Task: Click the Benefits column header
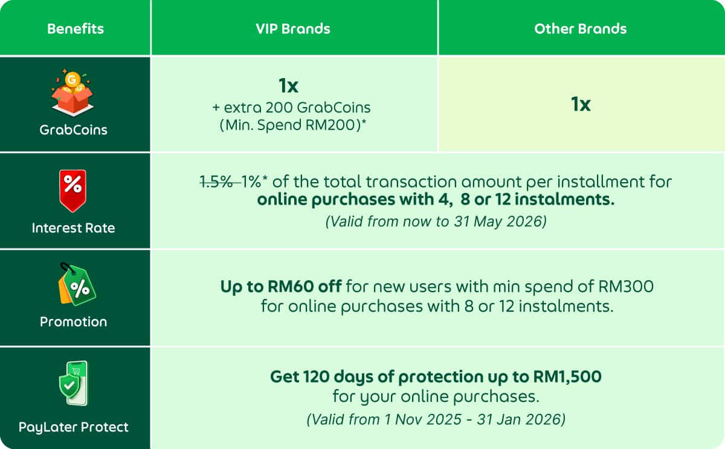click(x=76, y=28)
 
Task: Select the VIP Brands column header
click(x=293, y=28)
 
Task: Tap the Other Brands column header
click(x=580, y=28)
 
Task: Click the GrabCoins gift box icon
click(x=73, y=93)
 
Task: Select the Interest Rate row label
click(x=73, y=228)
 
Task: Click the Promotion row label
click(x=73, y=322)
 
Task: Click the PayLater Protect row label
click(x=73, y=427)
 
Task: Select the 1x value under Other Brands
click(x=581, y=104)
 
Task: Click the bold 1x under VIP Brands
click(x=289, y=86)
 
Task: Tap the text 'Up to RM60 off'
click(x=281, y=286)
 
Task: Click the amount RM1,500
click(x=567, y=377)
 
